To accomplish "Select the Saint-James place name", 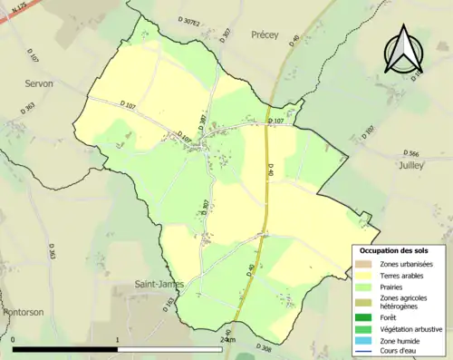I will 159,284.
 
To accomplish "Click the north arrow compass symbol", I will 403,50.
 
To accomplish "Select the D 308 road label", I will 265,348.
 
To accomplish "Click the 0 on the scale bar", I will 14,341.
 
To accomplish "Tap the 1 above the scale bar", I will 119,341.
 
